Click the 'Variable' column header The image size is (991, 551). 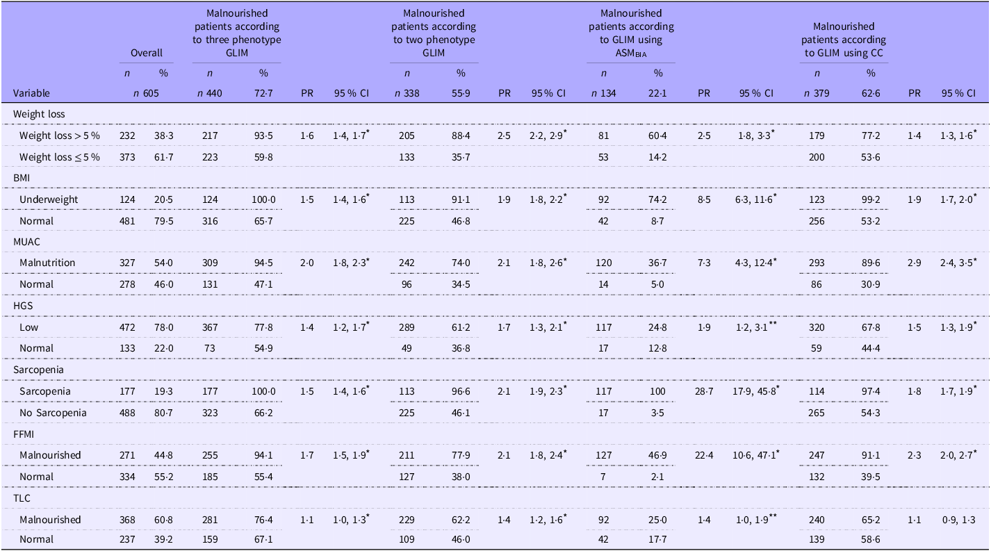(31, 93)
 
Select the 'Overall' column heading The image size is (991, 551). (147, 53)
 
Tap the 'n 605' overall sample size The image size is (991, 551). (146, 93)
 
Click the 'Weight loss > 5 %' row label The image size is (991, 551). (60, 135)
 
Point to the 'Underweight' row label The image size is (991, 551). (49, 199)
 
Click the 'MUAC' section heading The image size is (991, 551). (26, 242)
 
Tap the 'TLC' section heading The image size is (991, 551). (22, 498)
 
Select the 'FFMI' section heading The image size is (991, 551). (24, 434)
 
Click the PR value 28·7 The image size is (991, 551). (704, 391)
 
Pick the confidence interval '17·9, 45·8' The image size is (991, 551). (755, 391)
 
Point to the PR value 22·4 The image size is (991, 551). (704, 455)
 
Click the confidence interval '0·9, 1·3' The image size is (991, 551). (958, 520)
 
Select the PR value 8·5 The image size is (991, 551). (704, 199)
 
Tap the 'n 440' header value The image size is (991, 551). (210, 93)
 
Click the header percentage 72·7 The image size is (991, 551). (263, 93)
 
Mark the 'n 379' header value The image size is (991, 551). (817, 93)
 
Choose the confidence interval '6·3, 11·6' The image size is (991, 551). (755, 199)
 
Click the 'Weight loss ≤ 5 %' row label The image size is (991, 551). (60, 158)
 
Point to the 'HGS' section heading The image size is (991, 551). (23, 306)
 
